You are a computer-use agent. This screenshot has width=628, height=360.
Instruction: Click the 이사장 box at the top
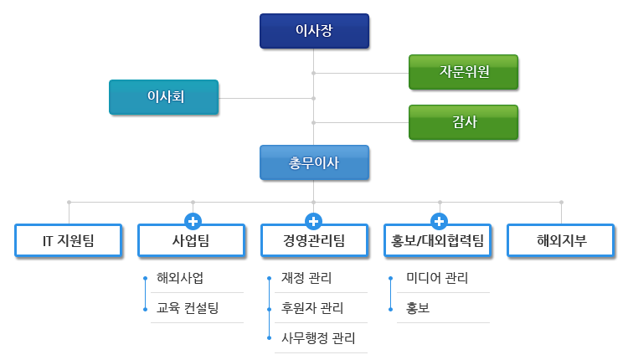pyautogui.click(x=314, y=31)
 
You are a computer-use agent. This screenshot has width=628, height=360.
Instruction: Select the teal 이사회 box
pyautogui.click(x=165, y=97)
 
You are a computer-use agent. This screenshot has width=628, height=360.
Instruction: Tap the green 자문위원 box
pyautogui.click(x=464, y=72)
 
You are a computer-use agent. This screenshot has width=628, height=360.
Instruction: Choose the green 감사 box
pyautogui.click(x=464, y=122)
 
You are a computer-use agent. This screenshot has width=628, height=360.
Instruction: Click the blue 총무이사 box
pyautogui.click(x=314, y=163)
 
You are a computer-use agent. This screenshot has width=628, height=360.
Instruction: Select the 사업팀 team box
pyautogui.click(x=191, y=242)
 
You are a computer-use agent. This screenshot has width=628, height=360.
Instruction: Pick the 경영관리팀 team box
pyautogui.click(x=314, y=242)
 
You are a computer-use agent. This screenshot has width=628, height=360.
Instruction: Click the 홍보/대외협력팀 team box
pyautogui.click(x=438, y=242)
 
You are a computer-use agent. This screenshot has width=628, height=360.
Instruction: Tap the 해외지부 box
pyautogui.click(x=561, y=242)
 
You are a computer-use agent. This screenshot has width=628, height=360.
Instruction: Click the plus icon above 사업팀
pyautogui.click(x=193, y=222)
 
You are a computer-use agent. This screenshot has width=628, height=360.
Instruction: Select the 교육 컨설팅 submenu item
pyautogui.click(x=188, y=307)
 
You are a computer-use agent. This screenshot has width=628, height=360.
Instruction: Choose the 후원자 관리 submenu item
pyautogui.click(x=312, y=307)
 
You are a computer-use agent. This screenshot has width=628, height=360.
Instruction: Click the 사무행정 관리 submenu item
pyautogui.click(x=318, y=338)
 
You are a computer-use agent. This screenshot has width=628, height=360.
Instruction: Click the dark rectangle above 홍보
pyautogui.click(x=436, y=280)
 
